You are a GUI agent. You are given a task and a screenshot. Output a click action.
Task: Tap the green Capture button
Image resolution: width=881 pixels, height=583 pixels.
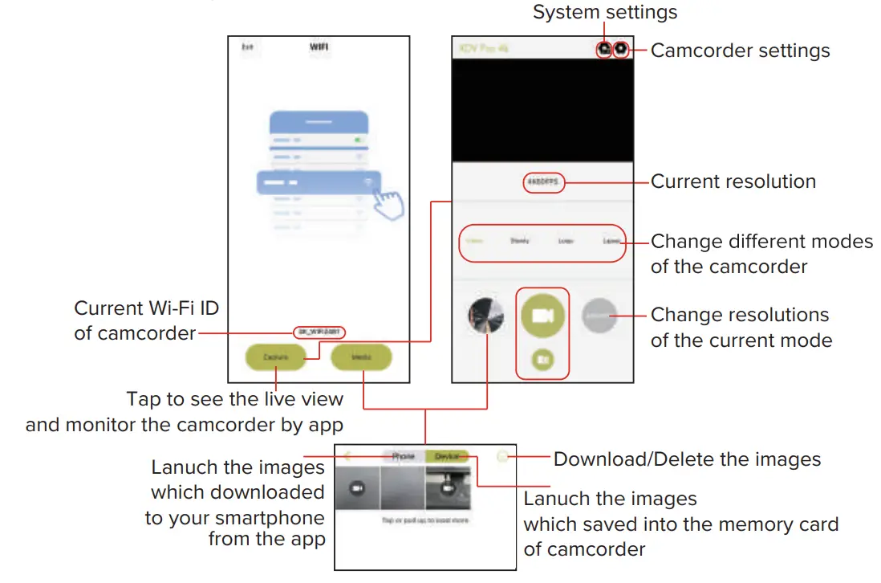[x=275, y=356]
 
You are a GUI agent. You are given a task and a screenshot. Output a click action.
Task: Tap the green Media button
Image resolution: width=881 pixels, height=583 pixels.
[x=361, y=356]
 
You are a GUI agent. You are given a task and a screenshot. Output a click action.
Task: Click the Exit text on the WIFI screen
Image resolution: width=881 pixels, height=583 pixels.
[x=247, y=48]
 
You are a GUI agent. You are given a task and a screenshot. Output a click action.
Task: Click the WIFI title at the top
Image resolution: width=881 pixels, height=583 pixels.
[x=319, y=47]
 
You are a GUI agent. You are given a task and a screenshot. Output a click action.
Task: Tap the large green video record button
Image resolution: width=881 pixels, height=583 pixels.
[x=542, y=316]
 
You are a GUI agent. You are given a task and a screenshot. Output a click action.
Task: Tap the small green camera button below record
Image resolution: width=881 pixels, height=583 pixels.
[x=542, y=361]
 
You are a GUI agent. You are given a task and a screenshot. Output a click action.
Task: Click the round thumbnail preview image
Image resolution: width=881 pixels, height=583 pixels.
[x=486, y=316]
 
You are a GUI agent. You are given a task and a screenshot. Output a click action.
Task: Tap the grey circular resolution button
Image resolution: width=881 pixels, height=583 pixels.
[x=599, y=316]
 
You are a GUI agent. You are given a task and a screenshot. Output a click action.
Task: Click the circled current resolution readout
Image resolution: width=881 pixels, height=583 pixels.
[x=542, y=182]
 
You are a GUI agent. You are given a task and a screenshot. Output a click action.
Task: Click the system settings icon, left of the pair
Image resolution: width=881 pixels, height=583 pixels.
[x=604, y=49]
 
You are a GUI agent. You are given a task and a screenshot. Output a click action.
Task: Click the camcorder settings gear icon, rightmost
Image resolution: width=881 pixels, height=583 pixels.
[x=621, y=49]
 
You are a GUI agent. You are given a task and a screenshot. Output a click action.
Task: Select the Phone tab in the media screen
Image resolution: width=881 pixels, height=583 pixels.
[x=403, y=456]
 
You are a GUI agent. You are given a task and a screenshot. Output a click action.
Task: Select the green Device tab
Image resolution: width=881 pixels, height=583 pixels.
[x=447, y=456]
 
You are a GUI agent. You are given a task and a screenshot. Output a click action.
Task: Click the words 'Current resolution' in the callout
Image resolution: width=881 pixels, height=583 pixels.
[x=733, y=181]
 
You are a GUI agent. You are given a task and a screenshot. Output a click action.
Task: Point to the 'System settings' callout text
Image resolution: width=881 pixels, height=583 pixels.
[x=605, y=12]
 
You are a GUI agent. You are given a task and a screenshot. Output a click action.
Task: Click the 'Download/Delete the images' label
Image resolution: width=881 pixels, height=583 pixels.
[x=687, y=459]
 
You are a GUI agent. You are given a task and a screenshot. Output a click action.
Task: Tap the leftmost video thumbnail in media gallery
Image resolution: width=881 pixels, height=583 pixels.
[x=357, y=487]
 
